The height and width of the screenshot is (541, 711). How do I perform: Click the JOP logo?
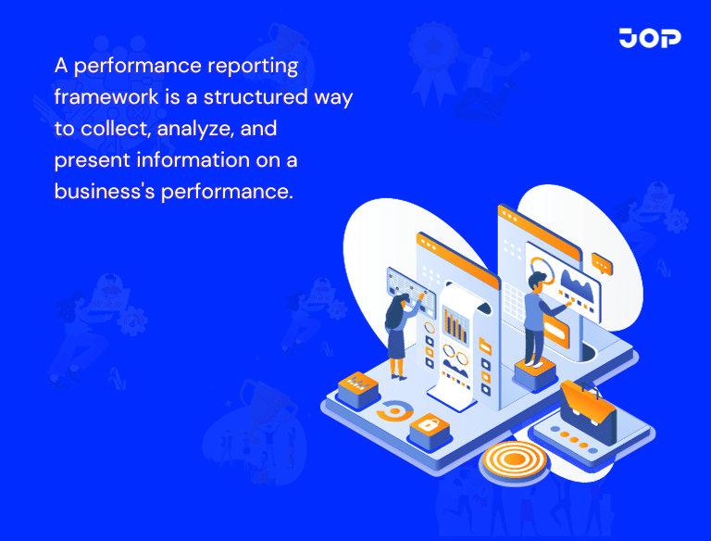pos(650,38)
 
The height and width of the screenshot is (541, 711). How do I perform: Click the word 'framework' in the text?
pos(97,97)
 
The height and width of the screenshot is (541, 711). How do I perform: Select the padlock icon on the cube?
pos(430,426)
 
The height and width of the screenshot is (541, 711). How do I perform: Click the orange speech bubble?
pos(603,263)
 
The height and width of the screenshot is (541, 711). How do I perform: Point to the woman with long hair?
pos(398,333)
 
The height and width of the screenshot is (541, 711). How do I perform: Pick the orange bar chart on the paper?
pos(455,323)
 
